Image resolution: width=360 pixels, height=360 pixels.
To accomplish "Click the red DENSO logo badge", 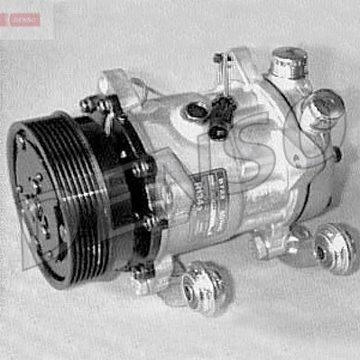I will pyautogui.click(x=20, y=19).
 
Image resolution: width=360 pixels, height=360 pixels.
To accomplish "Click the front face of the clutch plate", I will pyautogui.click(x=41, y=203).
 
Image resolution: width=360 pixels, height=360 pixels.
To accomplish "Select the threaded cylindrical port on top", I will pyautogui.click(x=287, y=63).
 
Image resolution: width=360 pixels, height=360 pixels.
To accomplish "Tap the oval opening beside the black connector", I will pyautogui.click(x=195, y=111).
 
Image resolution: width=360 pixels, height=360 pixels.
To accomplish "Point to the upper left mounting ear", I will pyautogui.click(x=115, y=82).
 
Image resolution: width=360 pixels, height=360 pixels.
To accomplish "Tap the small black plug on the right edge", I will pyautogui.click(x=337, y=153).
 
